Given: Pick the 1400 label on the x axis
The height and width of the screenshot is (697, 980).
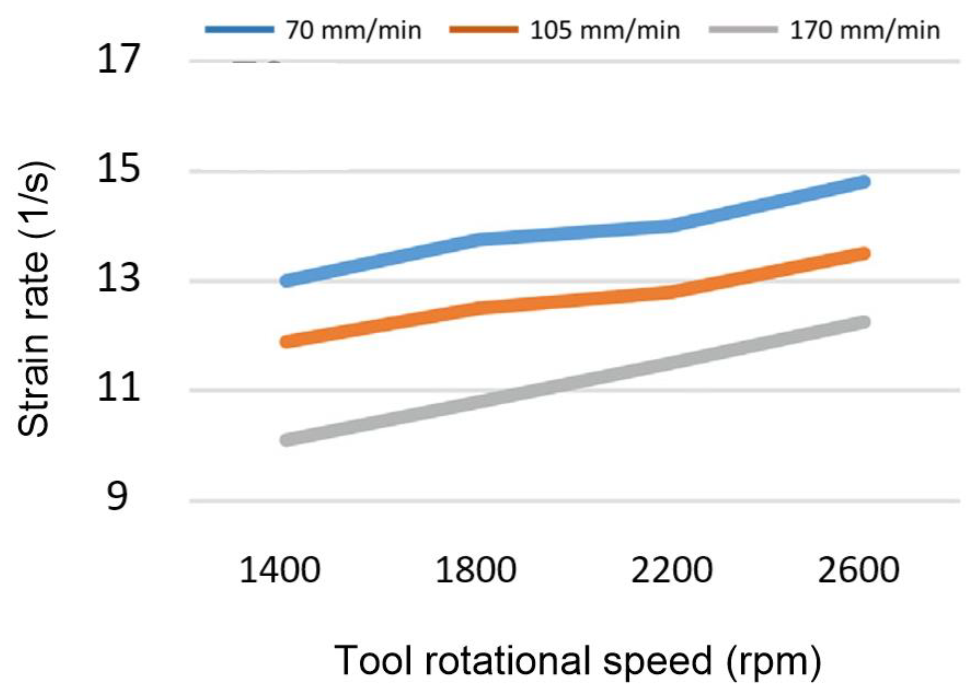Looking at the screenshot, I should pos(280,570).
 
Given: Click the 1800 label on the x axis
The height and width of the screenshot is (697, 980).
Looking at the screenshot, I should pos(476,570).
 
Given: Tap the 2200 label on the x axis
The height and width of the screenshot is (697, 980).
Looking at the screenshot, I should pos(672,570).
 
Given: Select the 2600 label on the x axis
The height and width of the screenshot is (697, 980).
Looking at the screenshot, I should pos(858,570).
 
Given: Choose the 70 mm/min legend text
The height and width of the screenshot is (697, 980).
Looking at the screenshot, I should pos(354,31).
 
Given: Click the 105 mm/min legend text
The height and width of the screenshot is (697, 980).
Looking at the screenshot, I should pos(605,31).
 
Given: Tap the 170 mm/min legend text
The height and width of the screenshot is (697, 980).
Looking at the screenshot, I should pos(865,31).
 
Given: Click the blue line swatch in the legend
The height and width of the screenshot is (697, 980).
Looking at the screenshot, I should pos(239,30).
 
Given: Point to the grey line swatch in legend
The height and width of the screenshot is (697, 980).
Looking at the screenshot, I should pos(743,30).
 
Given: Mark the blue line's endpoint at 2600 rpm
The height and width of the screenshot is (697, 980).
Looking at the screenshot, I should pos(864,182).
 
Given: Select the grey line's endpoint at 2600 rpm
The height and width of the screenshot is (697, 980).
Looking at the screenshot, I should pos(864,322).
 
